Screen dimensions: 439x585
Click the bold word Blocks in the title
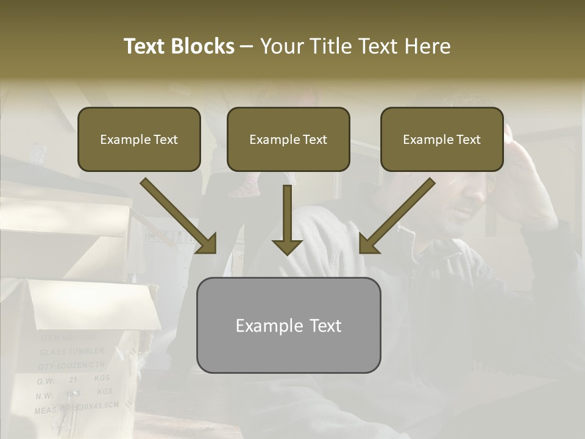point(204,46)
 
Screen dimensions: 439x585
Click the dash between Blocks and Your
point(247,47)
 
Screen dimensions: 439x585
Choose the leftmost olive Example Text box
point(139,139)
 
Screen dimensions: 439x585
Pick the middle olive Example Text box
point(288,139)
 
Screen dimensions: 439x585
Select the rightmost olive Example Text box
point(442,139)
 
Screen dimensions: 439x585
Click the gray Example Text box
point(288,325)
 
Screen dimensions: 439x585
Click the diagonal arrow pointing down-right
point(179,216)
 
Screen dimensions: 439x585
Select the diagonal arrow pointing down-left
point(397,216)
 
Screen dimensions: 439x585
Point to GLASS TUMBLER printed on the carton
point(72,352)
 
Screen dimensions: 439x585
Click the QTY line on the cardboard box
point(72,365)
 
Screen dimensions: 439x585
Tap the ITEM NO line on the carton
point(67,337)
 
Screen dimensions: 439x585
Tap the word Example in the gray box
point(261,326)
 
